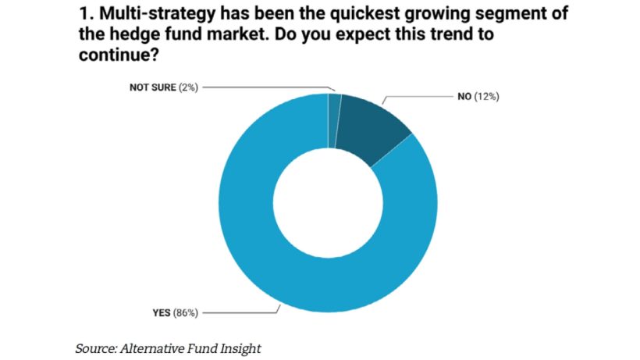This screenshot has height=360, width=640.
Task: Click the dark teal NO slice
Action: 372,127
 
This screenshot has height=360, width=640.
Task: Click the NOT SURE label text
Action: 153,87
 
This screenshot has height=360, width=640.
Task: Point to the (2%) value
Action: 188,87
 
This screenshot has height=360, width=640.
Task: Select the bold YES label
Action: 163,313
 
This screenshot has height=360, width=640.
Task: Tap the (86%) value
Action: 188,313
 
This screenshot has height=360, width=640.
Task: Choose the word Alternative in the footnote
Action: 153,348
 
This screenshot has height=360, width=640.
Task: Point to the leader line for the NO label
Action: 421,98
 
